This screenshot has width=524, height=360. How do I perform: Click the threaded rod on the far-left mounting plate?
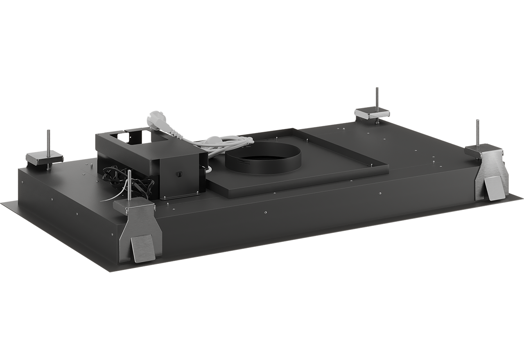point(49,141)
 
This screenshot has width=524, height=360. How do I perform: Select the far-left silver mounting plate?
point(44,158)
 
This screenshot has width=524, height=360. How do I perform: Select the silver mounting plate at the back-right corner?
point(372,112)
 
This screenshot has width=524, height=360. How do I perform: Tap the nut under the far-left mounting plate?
point(49,167)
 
